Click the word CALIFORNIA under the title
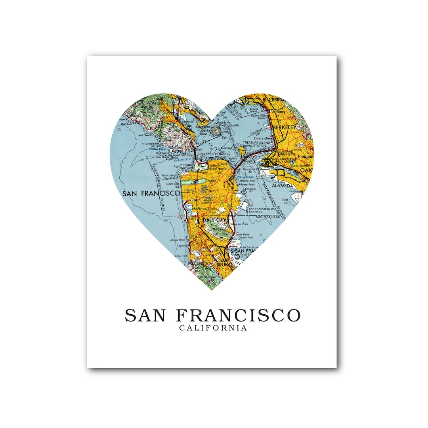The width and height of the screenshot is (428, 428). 213,328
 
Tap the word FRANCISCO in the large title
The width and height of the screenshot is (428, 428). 238,315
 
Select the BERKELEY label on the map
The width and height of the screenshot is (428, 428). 284,127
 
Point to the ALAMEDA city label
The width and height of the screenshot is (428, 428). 283,185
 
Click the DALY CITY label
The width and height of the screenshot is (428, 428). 214,220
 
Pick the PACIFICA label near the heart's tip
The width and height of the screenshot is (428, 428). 198,264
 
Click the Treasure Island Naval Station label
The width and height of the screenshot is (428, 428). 256,144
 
